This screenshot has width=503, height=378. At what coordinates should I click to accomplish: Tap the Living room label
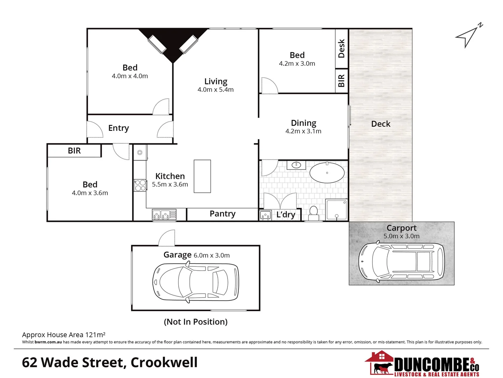pos(216,82)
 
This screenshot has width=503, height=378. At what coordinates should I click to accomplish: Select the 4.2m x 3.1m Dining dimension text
pos(303,131)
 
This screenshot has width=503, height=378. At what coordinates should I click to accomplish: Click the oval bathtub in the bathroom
pos(327,173)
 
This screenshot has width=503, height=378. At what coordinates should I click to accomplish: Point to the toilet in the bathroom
pos(314,213)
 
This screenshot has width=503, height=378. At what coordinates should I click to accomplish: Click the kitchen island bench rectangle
pos(202,176)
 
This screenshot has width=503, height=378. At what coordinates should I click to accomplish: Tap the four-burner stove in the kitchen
pos(140,185)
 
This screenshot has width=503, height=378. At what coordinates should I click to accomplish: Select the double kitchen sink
pos(164,214)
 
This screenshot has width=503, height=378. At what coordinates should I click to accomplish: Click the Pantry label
pos(222,214)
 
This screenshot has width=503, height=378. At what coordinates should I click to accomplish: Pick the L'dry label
pos(286,215)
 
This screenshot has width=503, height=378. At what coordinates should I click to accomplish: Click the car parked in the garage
pos(196,282)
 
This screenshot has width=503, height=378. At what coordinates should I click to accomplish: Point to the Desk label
pos(342,48)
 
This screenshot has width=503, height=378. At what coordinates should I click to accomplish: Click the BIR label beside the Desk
pos(342,81)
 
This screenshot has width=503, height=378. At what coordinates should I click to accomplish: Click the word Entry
pos(118,128)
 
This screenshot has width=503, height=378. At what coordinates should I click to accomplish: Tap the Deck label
pos(381,124)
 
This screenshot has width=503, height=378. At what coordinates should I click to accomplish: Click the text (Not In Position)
pos(195,322)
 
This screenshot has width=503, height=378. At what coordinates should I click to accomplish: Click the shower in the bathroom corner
pos(336,209)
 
